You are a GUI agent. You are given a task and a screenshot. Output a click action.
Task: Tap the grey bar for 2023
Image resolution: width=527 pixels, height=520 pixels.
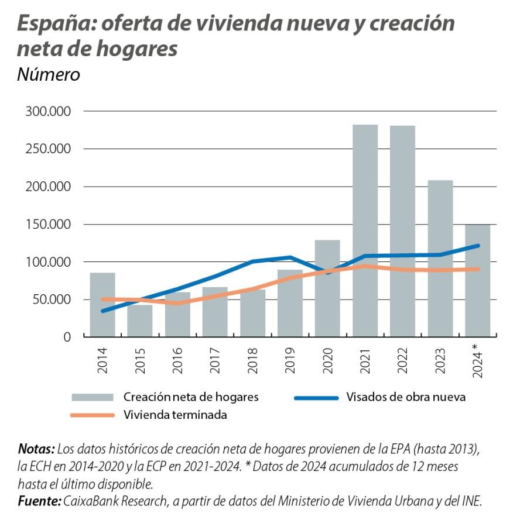pyautogui.click(x=440, y=258)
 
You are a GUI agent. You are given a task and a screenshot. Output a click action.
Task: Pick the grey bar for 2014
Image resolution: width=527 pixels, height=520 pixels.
pyautogui.click(x=102, y=304)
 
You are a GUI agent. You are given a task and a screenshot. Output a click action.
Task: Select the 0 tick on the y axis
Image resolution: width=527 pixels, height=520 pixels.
pyautogui.click(x=66, y=338)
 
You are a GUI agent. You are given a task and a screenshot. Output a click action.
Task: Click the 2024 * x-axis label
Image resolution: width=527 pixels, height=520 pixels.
pyautogui.click(x=477, y=360)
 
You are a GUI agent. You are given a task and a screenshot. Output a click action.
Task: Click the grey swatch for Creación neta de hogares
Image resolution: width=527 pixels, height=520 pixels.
pyautogui.click(x=91, y=397)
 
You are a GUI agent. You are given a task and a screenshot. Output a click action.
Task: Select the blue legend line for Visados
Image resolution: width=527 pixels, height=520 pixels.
pyautogui.click(x=316, y=398)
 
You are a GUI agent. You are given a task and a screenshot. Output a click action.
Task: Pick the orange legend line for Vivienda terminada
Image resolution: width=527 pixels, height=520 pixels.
pyautogui.click(x=91, y=415)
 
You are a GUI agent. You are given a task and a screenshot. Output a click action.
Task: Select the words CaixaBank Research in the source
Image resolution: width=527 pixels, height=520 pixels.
pyautogui.click(x=113, y=501)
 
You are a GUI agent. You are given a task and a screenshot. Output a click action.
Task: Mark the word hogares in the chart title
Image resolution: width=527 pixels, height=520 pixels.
pyautogui.click(x=141, y=49)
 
